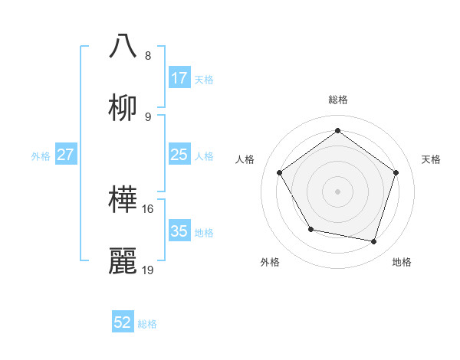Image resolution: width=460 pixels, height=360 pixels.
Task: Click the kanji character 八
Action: [123, 45]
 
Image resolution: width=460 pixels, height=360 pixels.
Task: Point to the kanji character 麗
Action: [123, 260]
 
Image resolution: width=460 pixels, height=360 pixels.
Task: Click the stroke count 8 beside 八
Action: [148, 55]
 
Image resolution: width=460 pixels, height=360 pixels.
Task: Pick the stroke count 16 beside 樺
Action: [149, 208]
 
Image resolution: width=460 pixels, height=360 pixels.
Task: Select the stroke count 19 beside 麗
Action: [149, 270]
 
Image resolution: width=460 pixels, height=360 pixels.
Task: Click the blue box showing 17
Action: [179, 78]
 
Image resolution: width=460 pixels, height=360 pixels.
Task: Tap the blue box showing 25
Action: [179, 155]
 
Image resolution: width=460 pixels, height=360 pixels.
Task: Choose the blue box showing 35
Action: [179, 231]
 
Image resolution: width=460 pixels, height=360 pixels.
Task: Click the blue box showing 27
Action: [66, 155]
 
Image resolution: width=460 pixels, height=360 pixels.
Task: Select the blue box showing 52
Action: [123, 322]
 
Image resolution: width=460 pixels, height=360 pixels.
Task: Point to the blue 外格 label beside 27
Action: [41, 156]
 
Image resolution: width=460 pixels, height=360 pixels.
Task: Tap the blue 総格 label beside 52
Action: [147, 324]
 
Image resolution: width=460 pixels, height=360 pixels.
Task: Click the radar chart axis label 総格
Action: [338, 100]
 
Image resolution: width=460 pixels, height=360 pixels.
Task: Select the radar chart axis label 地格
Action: [402, 263]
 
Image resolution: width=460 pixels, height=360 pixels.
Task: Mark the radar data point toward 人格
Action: [280, 172]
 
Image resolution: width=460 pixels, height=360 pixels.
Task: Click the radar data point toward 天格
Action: [396, 172]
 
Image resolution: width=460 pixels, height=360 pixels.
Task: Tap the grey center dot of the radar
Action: [338, 191]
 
